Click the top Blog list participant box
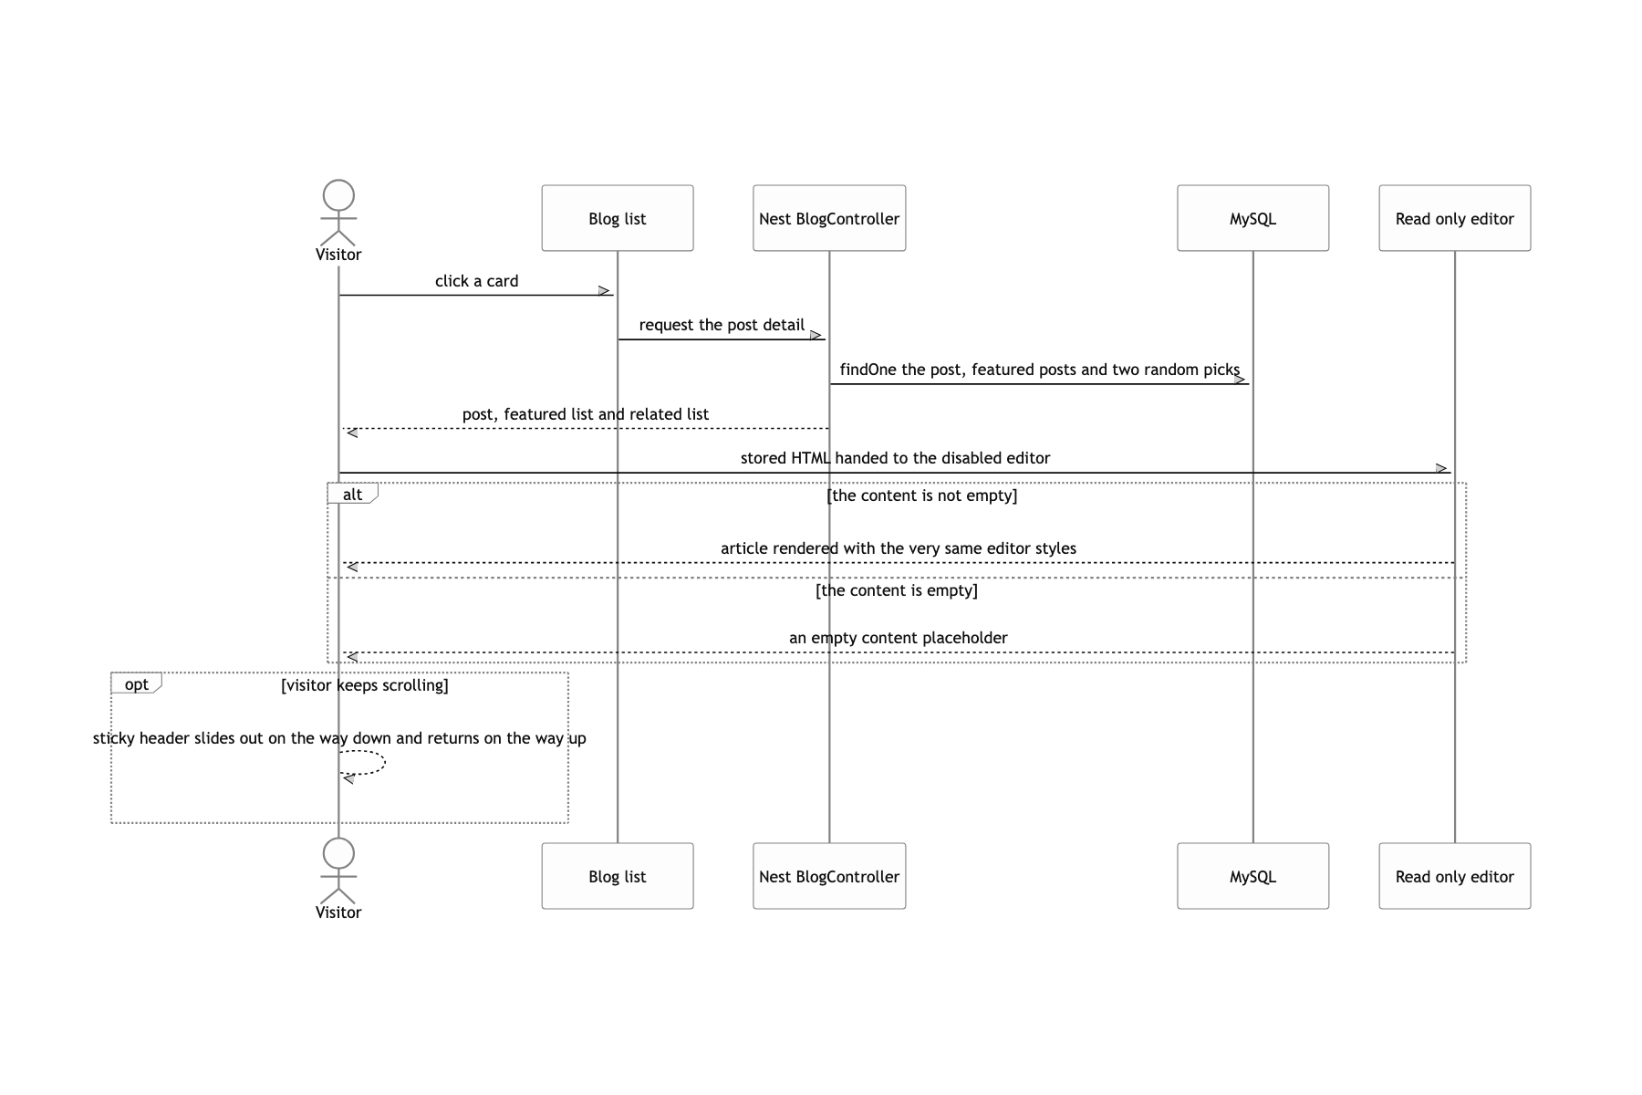pyautogui.click(x=618, y=218)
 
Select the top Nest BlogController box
pyautogui.click(x=829, y=218)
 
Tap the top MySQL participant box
pyautogui.click(x=1252, y=218)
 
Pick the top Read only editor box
pyautogui.click(x=1455, y=218)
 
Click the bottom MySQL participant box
pyautogui.click(x=1252, y=876)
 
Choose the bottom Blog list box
pyautogui.click(x=618, y=876)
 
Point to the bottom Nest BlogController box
pyautogui.click(x=829, y=876)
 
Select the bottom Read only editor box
pyautogui.click(x=1455, y=876)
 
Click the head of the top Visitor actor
pyautogui.click(x=338, y=195)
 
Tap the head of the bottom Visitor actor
pyautogui.click(x=338, y=853)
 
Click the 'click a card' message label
pyautogui.click(x=477, y=281)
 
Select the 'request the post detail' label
pyautogui.click(x=722, y=325)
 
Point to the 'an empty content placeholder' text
pyautogui.click(x=899, y=638)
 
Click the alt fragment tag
pyautogui.click(x=352, y=494)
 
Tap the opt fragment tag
pyautogui.click(x=136, y=683)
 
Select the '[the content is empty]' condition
pyautogui.click(x=897, y=590)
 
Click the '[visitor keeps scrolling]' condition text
pyautogui.click(x=365, y=685)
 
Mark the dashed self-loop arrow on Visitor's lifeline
pyautogui.click(x=385, y=763)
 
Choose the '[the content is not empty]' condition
pyautogui.click(x=922, y=495)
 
